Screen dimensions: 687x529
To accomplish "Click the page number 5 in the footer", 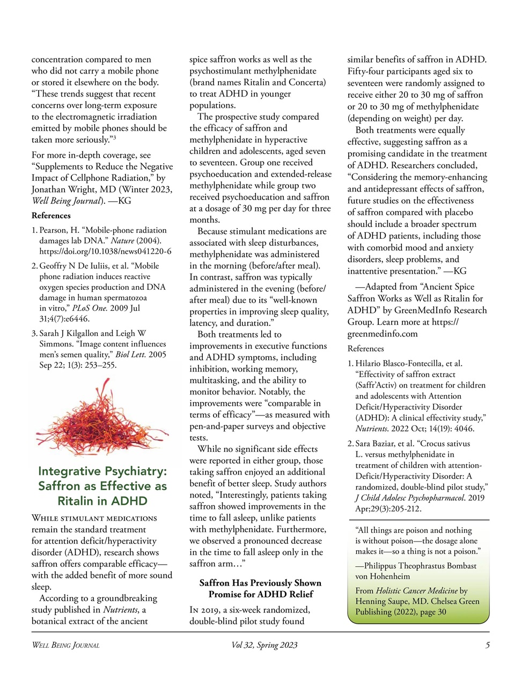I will coord(487,645).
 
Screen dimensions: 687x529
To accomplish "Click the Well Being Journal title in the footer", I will coord(65,645).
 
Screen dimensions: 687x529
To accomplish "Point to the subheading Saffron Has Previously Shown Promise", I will coord(260,589).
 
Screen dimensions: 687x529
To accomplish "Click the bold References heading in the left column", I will coord(51,216).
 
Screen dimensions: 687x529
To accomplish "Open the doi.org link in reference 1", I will coord(105,251).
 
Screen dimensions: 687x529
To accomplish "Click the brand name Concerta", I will coord(306,82).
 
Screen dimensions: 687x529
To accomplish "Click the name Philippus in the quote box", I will coord(383,566).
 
